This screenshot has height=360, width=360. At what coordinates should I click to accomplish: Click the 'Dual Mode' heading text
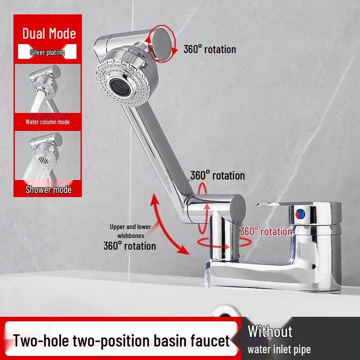pyautogui.click(x=49, y=33)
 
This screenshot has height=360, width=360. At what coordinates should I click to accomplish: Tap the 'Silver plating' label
pyautogui.click(x=47, y=52)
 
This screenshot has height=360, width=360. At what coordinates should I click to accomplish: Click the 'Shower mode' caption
pyautogui.click(x=48, y=189)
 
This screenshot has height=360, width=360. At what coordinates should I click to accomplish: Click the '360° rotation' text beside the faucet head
pyautogui.click(x=209, y=49)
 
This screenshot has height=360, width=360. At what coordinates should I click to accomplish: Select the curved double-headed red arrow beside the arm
pyautogui.click(x=167, y=225)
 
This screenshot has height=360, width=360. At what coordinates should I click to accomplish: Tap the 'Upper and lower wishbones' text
pyautogui.click(x=130, y=230)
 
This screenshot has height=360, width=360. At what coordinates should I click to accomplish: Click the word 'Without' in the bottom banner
pyautogui.click(x=270, y=332)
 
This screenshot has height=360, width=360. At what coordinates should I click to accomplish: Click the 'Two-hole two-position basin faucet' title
pyautogui.click(x=121, y=340)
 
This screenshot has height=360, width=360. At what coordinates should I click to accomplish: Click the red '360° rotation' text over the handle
pyautogui.click(x=265, y=231)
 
